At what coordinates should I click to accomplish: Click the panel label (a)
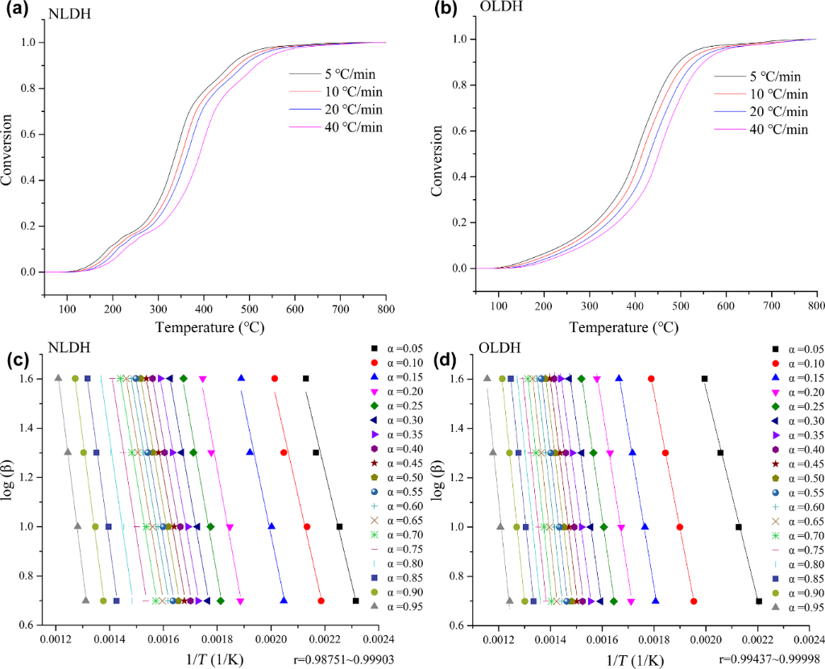(18, 13)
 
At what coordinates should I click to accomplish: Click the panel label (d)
(448, 357)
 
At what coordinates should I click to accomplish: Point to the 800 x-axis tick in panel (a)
(387, 308)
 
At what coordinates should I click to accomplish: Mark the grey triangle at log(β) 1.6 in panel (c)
(58, 377)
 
